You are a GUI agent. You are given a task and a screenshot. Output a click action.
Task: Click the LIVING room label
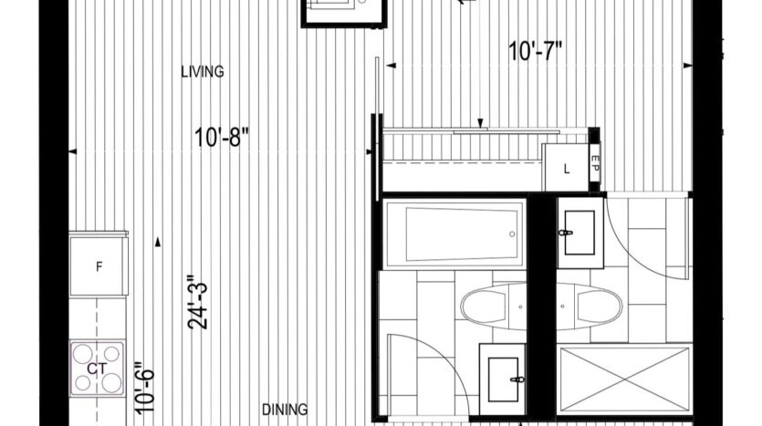tap(203, 72)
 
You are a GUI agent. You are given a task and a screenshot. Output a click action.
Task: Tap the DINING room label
tap(285, 410)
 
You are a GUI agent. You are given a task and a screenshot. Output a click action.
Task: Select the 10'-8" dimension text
tap(221, 138)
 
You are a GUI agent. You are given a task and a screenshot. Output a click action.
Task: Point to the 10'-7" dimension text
tap(535, 51)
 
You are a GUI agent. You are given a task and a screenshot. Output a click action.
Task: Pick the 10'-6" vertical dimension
tap(145, 388)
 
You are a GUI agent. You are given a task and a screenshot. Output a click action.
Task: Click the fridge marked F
tap(99, 265)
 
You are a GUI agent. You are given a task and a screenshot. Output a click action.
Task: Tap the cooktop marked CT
tap(97, 369)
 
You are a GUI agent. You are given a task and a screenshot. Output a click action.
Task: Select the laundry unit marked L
tap(565, 168)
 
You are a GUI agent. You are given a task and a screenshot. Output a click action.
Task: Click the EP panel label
tap(595, 162)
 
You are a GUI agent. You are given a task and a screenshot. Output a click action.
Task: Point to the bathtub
tap(454, 234)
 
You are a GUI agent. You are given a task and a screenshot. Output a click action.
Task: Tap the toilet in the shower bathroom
tap(589, 307)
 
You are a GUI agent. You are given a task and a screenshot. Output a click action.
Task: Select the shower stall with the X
tap(624, 379)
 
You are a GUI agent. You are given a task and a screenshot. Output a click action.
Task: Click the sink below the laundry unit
tap(579, 233)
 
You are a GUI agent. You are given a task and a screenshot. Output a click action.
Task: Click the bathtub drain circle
tap(512, 234)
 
